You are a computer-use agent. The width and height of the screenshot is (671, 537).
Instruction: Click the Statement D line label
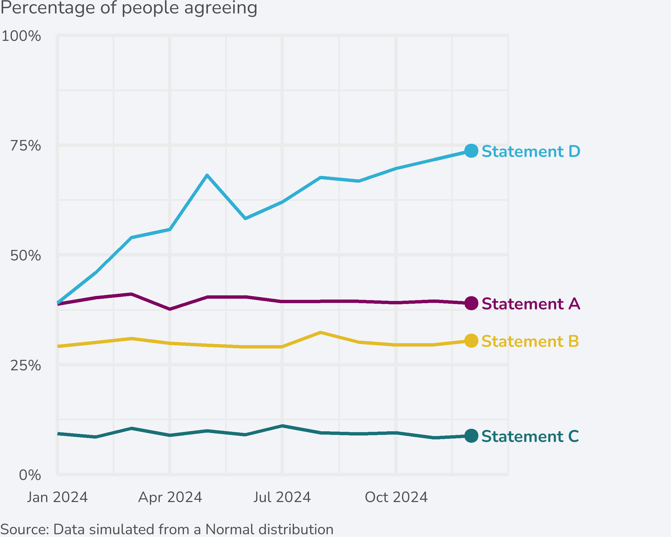click(x=531, y=152)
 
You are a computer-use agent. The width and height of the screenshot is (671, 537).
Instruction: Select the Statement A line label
click(x=531, y=303)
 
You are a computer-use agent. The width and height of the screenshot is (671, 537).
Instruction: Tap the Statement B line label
click(x=530, y=341)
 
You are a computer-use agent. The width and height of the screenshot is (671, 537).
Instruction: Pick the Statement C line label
click(x=530, y=436)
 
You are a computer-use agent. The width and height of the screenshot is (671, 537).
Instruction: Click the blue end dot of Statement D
click(x=471, y=151)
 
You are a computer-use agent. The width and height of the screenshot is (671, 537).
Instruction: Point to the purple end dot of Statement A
click(x=471, y=303)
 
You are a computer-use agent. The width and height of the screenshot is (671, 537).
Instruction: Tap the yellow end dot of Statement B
click(x=471, y=341)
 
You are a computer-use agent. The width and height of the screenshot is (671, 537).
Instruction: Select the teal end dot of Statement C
click(x=471, y=436)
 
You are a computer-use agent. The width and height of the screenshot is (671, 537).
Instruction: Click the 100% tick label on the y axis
click(x=21, y=36)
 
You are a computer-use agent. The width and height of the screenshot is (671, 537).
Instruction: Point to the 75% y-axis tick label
click(x=25, y=146)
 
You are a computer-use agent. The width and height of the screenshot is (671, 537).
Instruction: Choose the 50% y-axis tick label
click(x=25, y=256)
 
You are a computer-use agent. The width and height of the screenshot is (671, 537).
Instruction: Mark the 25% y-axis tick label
click(x=25, y=365)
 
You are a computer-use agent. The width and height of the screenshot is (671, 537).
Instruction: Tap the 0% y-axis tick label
click(x=30, y=475)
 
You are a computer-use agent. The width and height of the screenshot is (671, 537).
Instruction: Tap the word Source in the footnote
click(x=24, y=529)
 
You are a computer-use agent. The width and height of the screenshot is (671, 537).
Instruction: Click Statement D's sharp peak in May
click(x=207, y=176)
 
